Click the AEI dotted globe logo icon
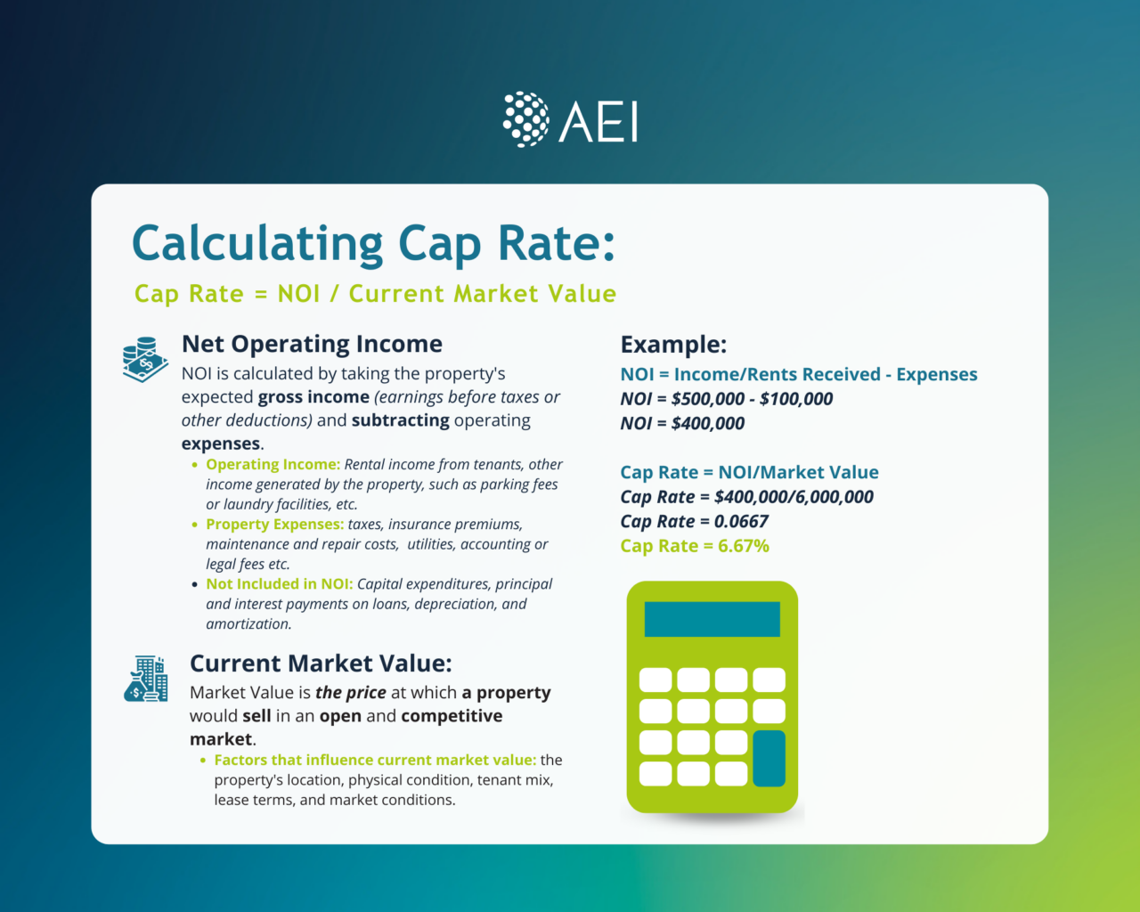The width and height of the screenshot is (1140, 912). [x=525, y=119]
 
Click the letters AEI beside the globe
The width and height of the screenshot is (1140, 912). [x=598, y=122]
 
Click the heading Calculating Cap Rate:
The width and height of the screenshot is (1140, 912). [x=373, y=243]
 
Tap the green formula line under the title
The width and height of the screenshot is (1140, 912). [x=375, y=294]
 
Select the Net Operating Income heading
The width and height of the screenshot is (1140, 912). [x=312, y=344]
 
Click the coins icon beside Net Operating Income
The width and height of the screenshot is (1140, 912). [x=144, y=359]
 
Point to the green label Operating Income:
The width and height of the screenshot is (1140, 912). [x=273, y=464]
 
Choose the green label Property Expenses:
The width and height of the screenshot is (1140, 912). [x=274, y=525]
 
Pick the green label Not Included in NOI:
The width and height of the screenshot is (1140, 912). [x=279, y=584]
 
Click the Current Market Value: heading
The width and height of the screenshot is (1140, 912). [x=321, y=664]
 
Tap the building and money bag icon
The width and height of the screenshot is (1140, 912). [x=146, y=679]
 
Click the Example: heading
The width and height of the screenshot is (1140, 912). [x=673, y=345]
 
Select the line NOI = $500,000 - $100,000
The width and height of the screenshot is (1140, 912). [x=726, y=399]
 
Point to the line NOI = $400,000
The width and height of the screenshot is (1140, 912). [x=682, y=424]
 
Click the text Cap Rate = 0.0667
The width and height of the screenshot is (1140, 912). [x=694, y=522]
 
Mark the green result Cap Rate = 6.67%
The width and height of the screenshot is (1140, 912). [x=695, y=546]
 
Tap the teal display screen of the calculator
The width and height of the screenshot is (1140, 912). [x=712, y=619]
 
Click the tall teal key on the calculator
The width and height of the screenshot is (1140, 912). [x=769, y=758]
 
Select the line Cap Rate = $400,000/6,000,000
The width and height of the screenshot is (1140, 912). [x=746, y=497]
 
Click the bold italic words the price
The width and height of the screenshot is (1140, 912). [x=351, y=693]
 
